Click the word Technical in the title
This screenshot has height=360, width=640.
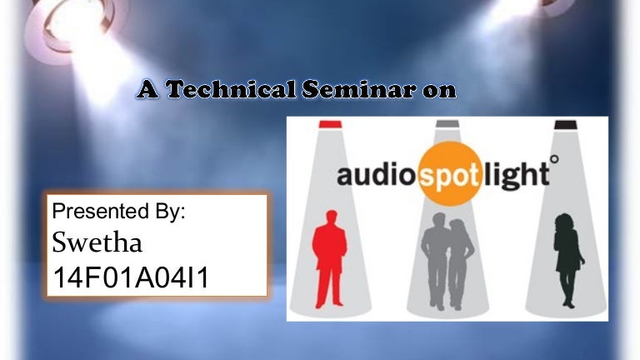tap(231, 89)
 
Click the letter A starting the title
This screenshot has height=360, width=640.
tap(147, 89)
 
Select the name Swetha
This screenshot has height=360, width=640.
tap(97, 242)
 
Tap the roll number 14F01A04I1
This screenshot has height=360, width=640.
tap(131, 277)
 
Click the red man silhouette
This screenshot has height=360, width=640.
tap(330, 259)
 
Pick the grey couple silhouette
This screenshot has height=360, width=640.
tap(447, 261)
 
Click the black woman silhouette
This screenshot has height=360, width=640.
tap(568, 260)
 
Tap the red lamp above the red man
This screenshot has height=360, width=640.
tap(330, 124)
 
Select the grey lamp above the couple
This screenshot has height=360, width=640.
tap(447, 124)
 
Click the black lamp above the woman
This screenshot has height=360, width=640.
tap(565, 124)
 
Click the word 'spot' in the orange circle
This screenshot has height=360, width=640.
tap(450, 177)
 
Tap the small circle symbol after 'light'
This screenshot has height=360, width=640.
tap(554, 159)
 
